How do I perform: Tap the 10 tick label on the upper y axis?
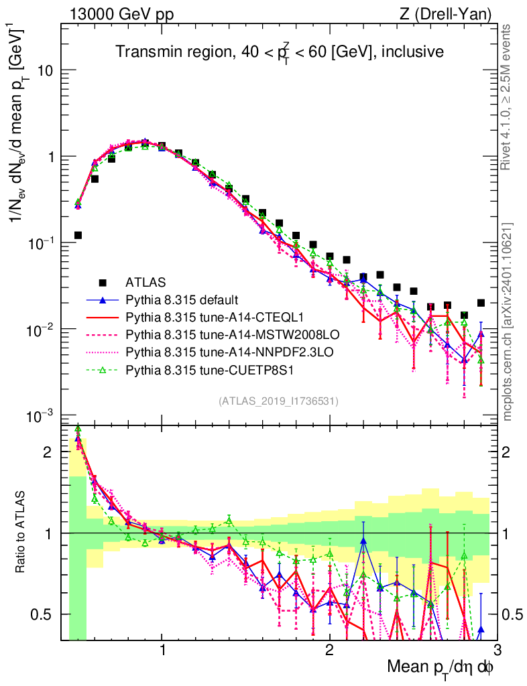(x=46, y=71)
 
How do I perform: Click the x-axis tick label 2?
(x=329, y=651)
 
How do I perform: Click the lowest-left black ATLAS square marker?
(x=78, y=235)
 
